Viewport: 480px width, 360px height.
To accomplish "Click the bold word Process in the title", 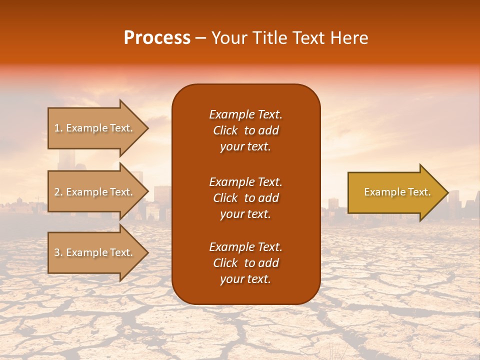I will [157, 38].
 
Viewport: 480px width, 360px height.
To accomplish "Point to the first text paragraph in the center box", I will [245, 130].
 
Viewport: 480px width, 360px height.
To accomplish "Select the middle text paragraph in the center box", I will [245, 197].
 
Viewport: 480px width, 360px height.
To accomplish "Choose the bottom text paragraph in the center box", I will [245, 263].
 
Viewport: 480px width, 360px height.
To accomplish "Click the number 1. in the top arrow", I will [58, 128].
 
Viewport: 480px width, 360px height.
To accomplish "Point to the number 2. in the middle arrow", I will [58, 192].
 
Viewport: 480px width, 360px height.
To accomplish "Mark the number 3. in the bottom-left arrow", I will [58, 252].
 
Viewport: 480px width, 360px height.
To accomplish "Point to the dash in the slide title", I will [200, 38].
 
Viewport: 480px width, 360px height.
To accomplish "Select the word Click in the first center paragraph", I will [225, 130].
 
